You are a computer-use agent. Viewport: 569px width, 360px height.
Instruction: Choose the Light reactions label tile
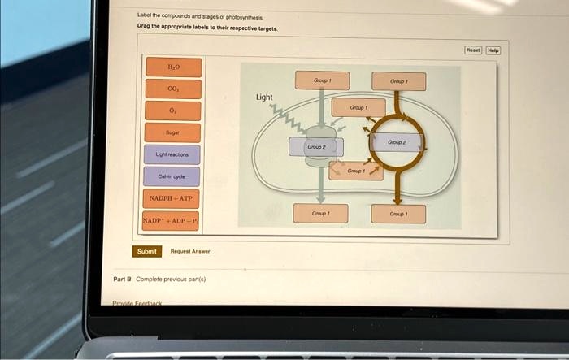172,154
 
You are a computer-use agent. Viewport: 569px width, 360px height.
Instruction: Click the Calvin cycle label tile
172,176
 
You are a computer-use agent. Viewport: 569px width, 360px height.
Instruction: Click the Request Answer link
189,252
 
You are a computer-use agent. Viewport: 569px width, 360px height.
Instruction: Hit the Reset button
473,50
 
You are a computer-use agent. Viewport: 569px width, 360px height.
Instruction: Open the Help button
493,50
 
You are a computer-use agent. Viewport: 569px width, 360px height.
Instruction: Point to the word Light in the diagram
264,98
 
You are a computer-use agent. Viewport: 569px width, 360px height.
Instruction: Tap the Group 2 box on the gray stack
317,147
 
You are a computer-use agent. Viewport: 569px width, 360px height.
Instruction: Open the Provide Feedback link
137,303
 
